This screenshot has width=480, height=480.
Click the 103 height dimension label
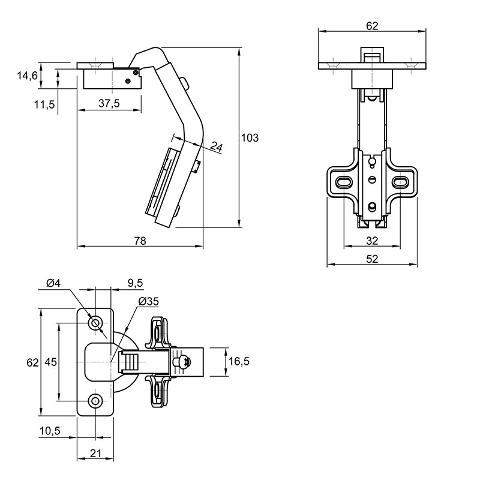coord(250,138)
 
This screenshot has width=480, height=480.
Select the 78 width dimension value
coord(140,241)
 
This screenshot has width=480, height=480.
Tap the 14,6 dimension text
coord(28,76)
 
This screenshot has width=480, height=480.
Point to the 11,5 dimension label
coord(44,104)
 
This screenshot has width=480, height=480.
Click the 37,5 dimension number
coord(109,103)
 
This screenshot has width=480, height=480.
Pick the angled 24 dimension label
coord(216,147)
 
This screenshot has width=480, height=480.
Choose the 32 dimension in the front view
coord(372,241)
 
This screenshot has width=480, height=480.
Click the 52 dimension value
coord(372,259)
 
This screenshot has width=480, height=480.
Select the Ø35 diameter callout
coord(149,302)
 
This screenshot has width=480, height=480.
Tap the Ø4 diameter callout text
coord(53,283)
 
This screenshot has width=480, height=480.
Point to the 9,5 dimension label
coord(135,283)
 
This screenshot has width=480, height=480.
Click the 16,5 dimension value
coord(239,362)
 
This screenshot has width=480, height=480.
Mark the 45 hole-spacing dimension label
coord(51,362)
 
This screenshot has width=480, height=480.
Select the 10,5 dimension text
coord(50,431)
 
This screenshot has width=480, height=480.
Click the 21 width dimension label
coord(95,453)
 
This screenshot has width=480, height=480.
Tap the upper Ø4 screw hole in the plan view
coord(95,323)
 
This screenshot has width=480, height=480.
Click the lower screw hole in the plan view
coord(95,401)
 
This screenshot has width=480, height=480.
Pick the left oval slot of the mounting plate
coord(344,182)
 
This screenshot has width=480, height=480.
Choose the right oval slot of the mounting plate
coord(400,182)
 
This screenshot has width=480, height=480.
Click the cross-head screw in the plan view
coord(182,362)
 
